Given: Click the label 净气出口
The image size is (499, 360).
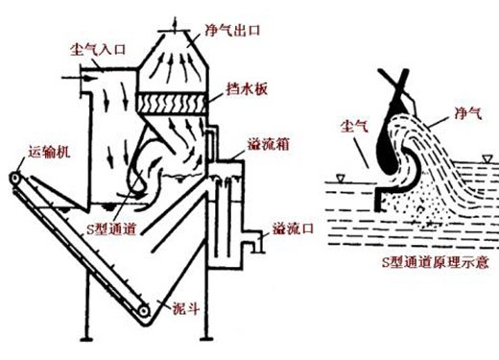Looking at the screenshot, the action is pos(232,31).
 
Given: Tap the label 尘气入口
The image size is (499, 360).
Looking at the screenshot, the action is pos(98,50).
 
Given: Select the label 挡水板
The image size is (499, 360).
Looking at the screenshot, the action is pos(247,89).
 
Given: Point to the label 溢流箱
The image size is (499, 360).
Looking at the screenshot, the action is pos(268,144).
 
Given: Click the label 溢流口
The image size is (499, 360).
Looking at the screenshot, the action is pos(293,229).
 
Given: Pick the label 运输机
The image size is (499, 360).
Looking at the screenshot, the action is pos(49,152).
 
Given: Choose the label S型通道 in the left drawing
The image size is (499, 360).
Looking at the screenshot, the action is pos(111,229).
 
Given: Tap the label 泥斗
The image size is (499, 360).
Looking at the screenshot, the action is pos(186,309).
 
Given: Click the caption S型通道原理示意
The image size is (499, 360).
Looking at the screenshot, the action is pos(436,262).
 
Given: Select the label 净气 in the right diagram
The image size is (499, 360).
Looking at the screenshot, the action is pos(468,113).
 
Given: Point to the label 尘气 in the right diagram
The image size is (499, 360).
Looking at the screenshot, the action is pos(354,126).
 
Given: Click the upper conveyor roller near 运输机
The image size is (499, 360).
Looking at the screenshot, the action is pos(14,179).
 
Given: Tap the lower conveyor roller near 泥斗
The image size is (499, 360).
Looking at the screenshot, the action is pos(144,311).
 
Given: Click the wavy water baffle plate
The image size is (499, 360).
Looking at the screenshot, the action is pos(172,103).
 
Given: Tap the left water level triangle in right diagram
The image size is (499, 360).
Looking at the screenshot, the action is pos(340,178).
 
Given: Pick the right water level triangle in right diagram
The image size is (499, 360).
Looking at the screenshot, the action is pos(487,158).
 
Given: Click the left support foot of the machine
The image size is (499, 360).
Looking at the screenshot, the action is pos(86,339).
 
